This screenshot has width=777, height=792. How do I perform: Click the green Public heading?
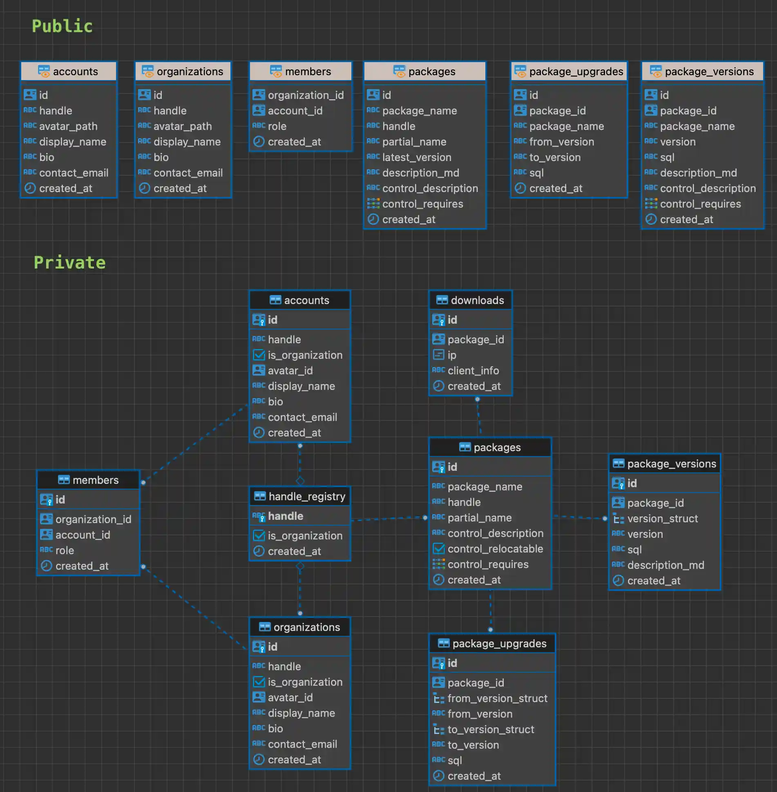click(62, 26)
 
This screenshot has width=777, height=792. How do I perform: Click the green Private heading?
click(69, 262)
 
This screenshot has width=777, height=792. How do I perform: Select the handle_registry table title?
click(306, 496)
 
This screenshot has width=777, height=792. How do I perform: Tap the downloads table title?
click(477, 300)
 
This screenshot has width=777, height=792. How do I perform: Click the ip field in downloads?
click(451, 355)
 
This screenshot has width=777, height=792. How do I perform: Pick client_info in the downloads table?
click(473, 371)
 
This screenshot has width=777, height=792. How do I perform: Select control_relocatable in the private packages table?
click(495, 549)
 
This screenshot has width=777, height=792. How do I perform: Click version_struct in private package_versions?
click(662, 519)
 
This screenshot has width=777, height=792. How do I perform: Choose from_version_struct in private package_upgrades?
click(497, 698)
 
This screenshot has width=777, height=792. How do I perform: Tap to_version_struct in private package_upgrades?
click(491, 729)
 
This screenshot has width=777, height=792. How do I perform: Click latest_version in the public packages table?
click(416, 157)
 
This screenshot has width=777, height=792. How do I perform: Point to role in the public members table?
click(277, 126)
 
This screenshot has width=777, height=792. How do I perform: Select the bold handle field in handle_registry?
click(285, 516)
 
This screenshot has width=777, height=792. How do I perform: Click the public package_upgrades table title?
click(576, 72)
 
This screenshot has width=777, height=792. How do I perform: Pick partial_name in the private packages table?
click(479, 518)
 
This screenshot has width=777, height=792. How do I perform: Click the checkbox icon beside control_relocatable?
click(439, 548)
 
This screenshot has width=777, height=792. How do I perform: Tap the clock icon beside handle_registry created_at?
click(259, 551)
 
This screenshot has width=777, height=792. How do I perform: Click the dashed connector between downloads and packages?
click(479, 417)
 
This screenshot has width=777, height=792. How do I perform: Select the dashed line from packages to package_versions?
click(579, 517)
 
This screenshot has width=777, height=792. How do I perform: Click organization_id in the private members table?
click(93, 519)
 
